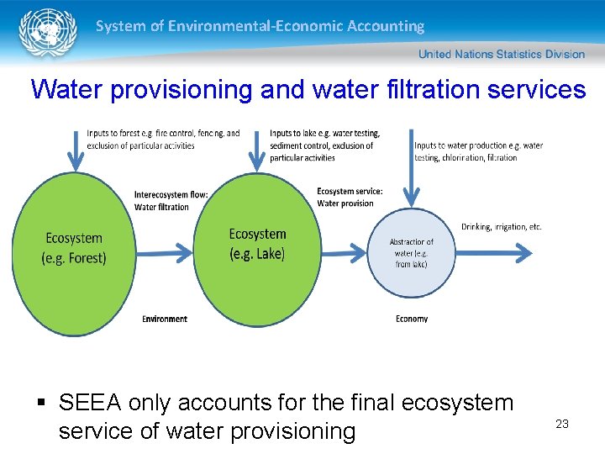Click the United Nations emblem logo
point(41,34)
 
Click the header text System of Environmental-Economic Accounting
point(260,26)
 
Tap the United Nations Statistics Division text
point(501,54)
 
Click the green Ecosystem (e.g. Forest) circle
point(74,250)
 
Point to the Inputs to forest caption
point(163,140)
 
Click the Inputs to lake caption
point(324,145)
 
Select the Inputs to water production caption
point(478,151)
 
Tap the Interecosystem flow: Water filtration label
point(171,201)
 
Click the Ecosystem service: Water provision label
point(350,197)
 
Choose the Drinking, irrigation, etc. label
point(502,227)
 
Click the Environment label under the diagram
point(165,319)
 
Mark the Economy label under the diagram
point(412,319)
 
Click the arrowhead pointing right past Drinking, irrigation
point(523,251)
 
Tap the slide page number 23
point(562,424)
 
